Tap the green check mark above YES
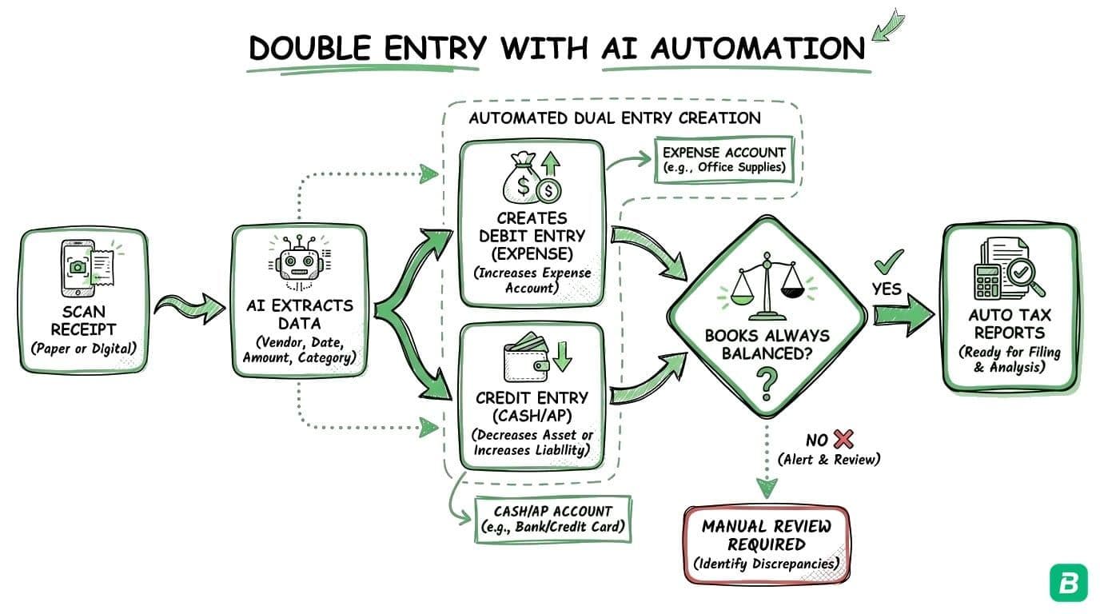tap(888, 261)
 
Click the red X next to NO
tap(843, 438)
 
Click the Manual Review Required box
tap(766, 544)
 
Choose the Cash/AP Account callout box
tap(552, 520)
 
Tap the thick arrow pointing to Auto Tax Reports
tap(903, 313)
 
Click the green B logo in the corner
tap(1069, 582)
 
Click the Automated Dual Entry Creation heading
tap(614, 118)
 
